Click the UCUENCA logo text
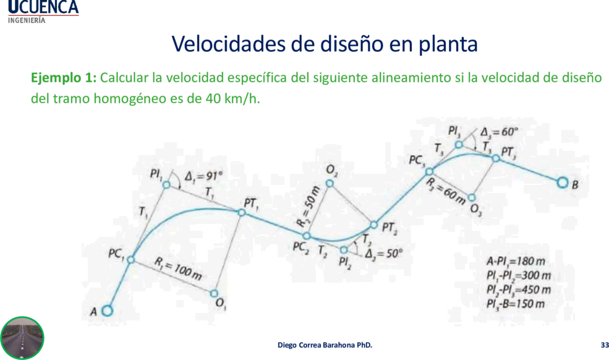click(43, 7)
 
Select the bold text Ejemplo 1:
click(64, 78)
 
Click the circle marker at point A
click(107, 311)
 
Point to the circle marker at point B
click(562, 182)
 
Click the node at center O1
click(214, 294)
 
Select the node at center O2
click(330, 183)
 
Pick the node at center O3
click(471, 197)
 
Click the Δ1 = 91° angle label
click(203, 176)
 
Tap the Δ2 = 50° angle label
click(384, 254)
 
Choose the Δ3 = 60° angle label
click(499, 132)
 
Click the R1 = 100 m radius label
click(178, 268)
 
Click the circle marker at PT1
click(242, 213)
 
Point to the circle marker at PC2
click(307, 236)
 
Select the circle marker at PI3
click(459, 145)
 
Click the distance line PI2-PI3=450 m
click(519, 290)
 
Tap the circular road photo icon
click(22, 338)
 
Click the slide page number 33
click(604, 345)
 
